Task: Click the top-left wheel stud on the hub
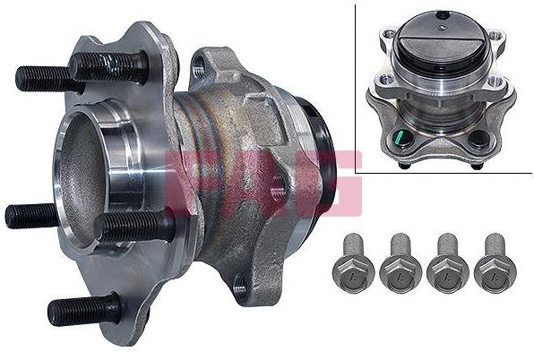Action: [x=109, y=66]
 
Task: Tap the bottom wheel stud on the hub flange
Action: [x=84, y=310]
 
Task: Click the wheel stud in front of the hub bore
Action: [x=133, y=227]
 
